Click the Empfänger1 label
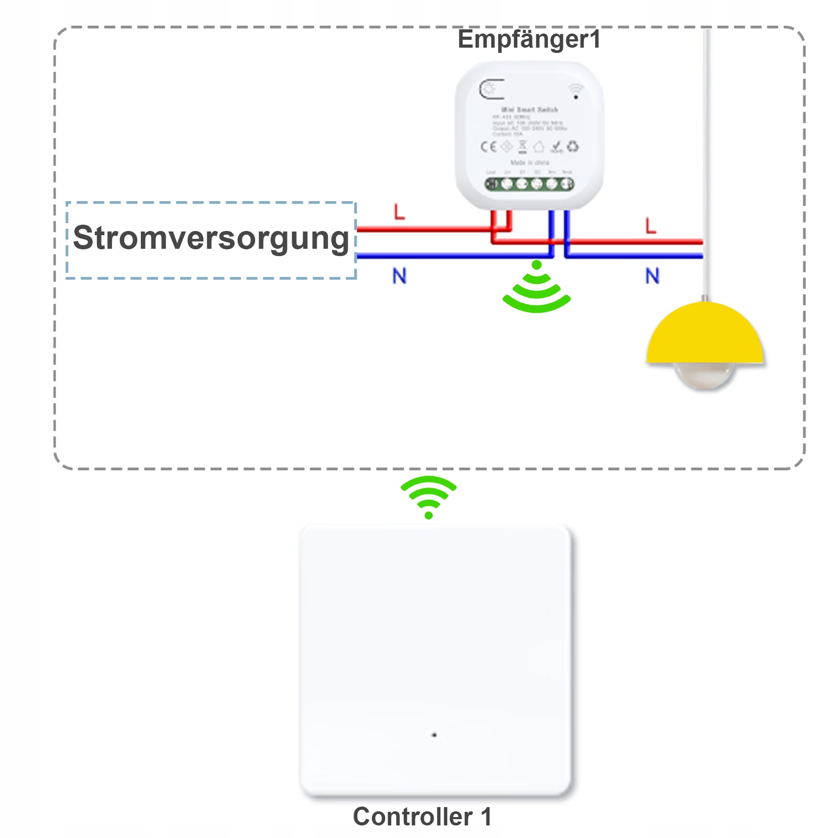point(529,40)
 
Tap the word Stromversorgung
point(211,238)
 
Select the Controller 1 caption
point(422,817)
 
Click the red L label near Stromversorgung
point(400,212)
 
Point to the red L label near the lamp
point(650,226)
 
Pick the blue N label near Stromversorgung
point(400,276)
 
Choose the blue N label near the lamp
point(652,276)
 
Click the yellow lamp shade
point(705,335)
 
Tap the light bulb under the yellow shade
point(705,376)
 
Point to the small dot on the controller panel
point(434,735)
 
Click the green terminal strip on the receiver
point(529,184)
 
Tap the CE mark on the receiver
point(489,147)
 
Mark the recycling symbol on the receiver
point(573,146)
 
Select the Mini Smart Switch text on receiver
point(530,109)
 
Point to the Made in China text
point(530,163)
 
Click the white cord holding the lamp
point(707,157)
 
